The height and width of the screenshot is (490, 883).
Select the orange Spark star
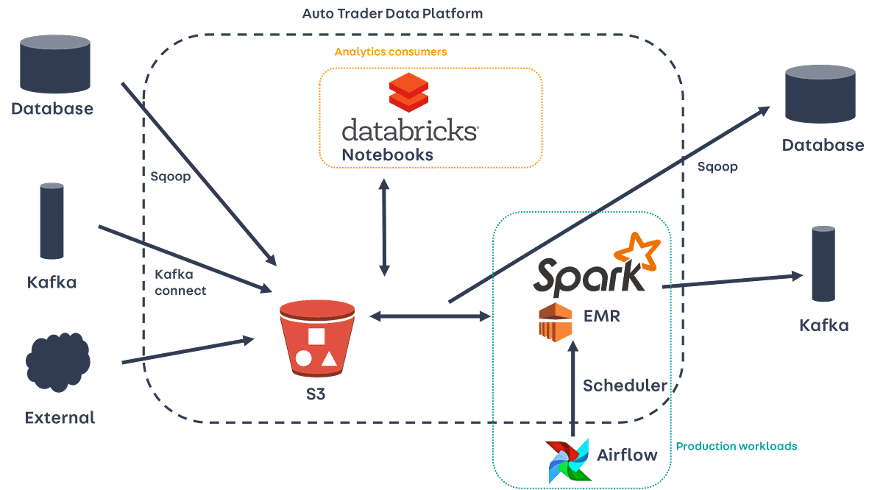coord(638,250)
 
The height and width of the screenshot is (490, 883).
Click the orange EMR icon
coord(555,322)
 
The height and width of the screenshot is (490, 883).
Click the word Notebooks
coord(387,155)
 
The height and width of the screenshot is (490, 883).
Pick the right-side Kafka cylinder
coord(823,263)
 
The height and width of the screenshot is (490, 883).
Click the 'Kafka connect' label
coord(180,282)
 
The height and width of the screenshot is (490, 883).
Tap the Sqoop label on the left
coord(169,177)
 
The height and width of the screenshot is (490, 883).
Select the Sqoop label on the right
coord(717,167)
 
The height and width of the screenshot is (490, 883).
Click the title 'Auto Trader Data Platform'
coord(392,14)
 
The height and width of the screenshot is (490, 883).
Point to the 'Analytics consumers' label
coord(390,52)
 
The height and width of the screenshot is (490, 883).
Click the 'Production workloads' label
coord(737,447)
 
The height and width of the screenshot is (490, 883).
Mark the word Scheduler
coord(625,386)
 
